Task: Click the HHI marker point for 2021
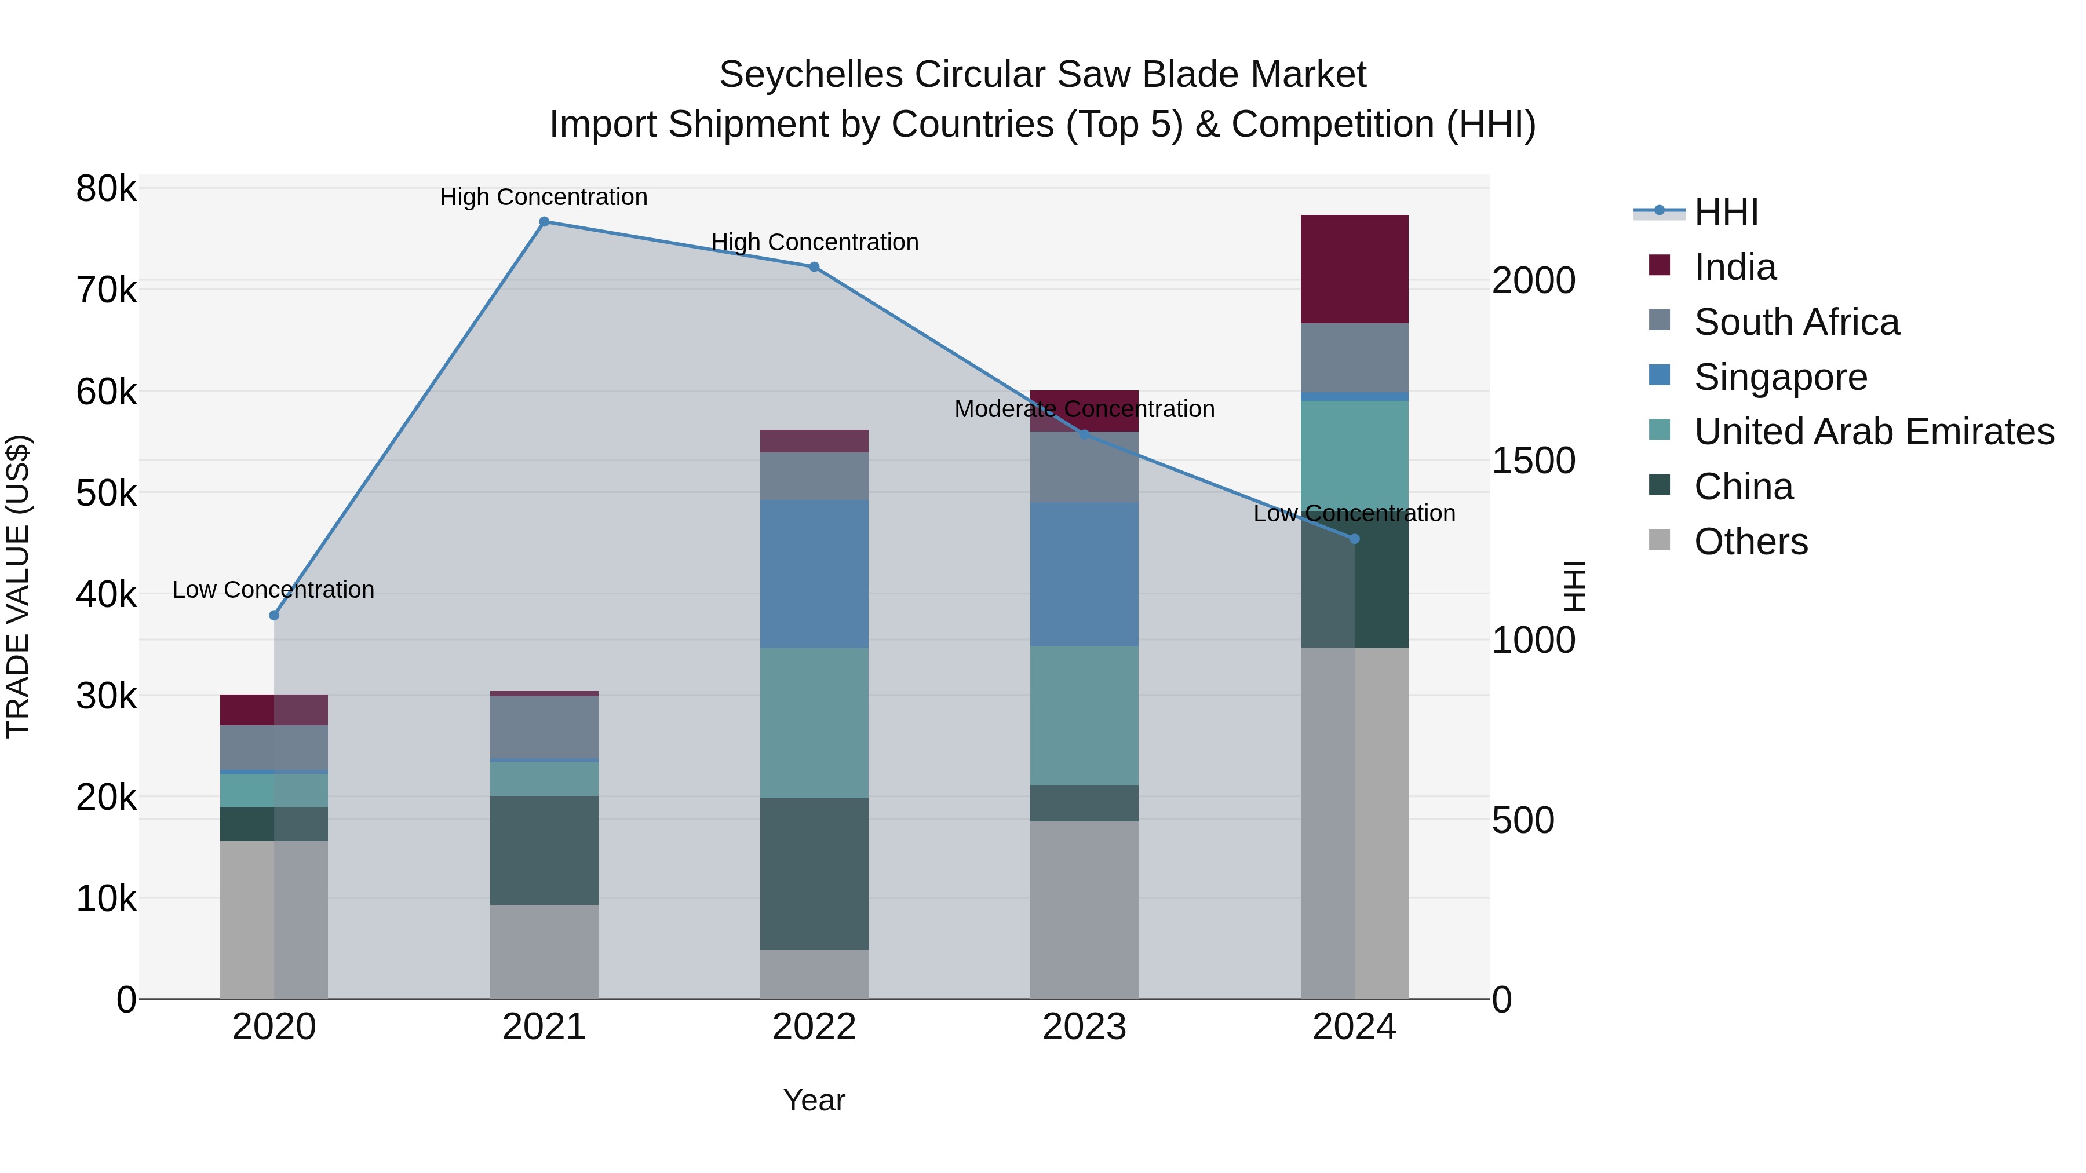(x=544, y=222)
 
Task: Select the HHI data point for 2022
(x=815, y=267)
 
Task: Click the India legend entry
(x=1734, y=267)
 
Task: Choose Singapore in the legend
(x=1780, y=377)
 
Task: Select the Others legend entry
(x=1751, y=542)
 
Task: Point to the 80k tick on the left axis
(x=106, y=189)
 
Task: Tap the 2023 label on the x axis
(x=1084, y=1027)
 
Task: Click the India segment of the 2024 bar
(x=1355, y=269)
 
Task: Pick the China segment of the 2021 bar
(x=544, y=850)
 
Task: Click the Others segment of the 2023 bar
(x=1084, y=910)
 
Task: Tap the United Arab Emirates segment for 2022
(x=815, y=722)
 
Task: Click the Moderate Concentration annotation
(x=1084, y=409)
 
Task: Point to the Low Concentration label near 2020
(x=273, y=589)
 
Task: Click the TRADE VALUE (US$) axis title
(x=18, y=586)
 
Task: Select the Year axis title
(x=814, y=1100)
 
